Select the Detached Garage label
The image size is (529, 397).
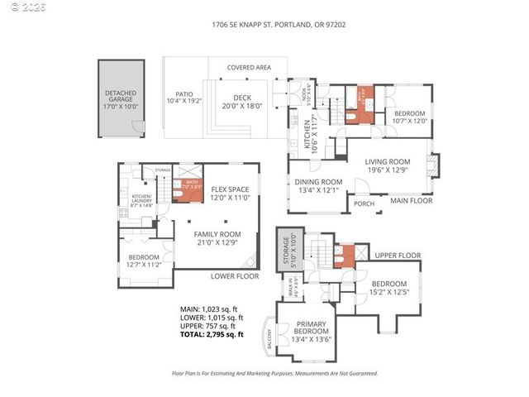(x=121, y=98)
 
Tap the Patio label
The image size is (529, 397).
(x=183, y=98)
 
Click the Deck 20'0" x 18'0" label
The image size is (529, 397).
(x=241, y=103)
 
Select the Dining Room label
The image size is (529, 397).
(x=319, y=186)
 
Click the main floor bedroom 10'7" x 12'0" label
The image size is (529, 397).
(x=409, y=117)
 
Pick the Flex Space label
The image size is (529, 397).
(x=230, y=194)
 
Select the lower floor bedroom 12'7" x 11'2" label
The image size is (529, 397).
(x=143, y=261)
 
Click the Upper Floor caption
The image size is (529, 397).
(x=398, y=256)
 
